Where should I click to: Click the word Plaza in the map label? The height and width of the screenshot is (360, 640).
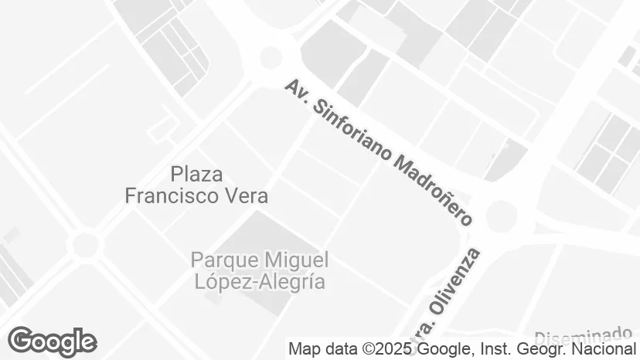pos(196,174)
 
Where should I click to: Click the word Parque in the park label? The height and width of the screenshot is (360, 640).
pos(224,259)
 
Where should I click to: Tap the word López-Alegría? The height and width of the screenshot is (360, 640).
pos(259,281)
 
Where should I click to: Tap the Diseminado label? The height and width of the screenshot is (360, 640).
pos(584,337)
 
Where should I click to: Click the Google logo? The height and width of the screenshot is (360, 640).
pos(52,341)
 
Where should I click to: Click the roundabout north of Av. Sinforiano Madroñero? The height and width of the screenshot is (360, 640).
pos(271,56)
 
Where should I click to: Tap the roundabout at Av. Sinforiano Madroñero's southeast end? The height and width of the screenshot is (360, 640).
pos(501,215)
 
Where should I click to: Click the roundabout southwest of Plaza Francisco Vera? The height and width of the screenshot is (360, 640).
pos(85,245)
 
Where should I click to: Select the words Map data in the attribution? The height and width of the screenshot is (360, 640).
pos(316,349)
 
